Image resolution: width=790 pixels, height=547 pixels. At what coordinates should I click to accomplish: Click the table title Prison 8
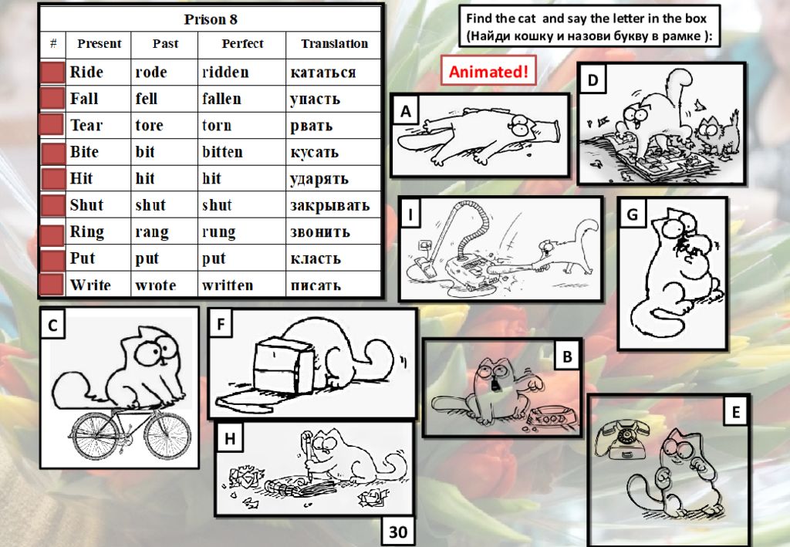point(211,19)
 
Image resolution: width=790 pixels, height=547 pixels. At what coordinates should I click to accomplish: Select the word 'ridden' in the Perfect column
point(225,73)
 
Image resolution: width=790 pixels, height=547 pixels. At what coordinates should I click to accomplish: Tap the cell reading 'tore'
point(149,125)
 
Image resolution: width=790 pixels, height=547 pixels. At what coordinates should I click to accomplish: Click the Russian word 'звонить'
point(319,231)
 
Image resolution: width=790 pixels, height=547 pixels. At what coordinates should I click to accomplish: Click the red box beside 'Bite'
point(52,152)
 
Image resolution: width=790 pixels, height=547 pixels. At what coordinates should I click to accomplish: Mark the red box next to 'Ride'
point(52,73)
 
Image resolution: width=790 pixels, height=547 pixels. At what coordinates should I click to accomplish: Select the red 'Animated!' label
point(488,72)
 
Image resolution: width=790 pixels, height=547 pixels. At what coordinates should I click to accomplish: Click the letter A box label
point(406,113)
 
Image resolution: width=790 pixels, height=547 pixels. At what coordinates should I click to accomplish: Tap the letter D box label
point(592,79)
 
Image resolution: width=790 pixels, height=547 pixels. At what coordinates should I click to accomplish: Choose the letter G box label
point(632,214)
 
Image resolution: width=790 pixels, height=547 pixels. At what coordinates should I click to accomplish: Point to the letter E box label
point(735,413)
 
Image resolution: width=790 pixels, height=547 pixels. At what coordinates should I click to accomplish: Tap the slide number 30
point(398,532)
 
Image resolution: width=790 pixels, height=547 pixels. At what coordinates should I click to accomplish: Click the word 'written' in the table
point(227,285)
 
